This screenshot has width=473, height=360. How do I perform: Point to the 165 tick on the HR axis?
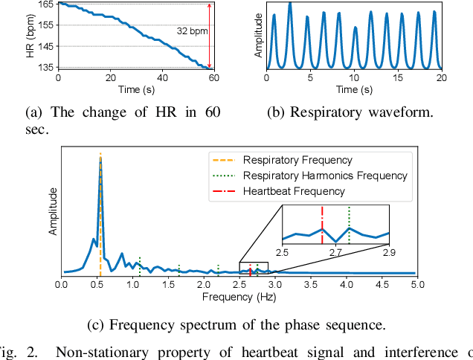point(45,5)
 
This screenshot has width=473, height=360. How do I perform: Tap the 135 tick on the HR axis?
point(45,68)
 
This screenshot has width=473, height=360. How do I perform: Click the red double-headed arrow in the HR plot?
point(210,36)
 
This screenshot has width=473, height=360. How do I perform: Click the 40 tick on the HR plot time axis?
point(162,78)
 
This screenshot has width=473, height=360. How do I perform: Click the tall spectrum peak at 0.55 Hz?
point(100,160)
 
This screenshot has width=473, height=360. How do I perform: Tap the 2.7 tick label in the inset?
point(336,254)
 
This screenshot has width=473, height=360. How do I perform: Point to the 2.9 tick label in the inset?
point(388,254)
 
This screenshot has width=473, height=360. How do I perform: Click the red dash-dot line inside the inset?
point(322,223)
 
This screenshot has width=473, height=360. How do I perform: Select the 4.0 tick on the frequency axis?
point(346,284)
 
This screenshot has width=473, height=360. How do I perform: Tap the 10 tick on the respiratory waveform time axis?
point(355,78)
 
